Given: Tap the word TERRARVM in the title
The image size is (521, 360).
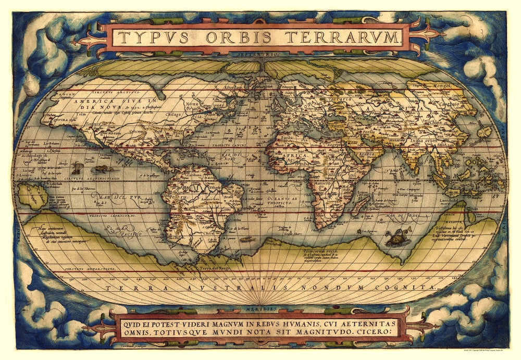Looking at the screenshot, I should (x=345, y=38).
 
